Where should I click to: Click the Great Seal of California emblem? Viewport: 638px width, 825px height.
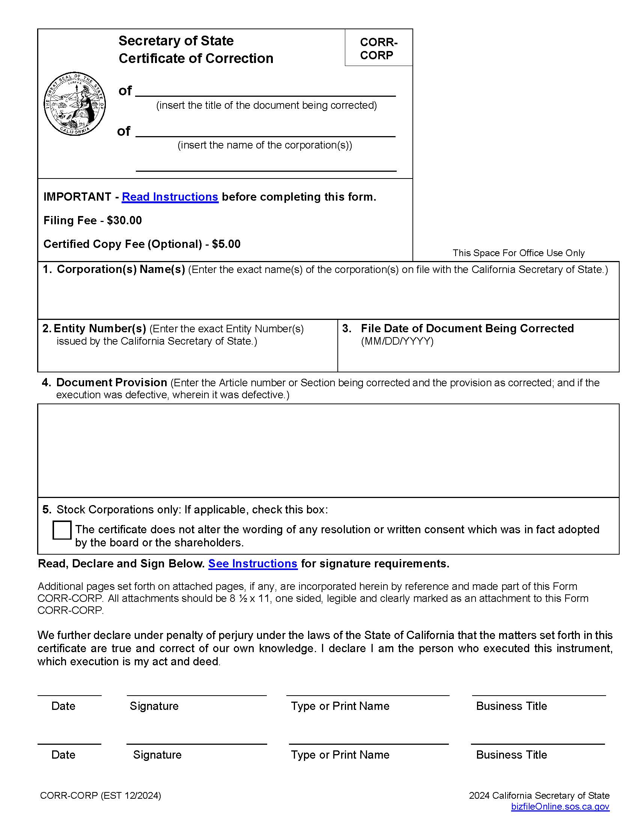74,104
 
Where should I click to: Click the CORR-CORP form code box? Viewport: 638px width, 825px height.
378,48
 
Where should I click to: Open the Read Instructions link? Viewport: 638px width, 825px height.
170,197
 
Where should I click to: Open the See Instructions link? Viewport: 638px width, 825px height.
253,564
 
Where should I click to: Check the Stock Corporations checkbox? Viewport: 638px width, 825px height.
62,530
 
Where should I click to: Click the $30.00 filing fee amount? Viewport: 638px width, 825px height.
124,220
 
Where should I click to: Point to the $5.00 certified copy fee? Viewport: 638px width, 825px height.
226,244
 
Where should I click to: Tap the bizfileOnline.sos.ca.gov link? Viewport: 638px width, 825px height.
560,807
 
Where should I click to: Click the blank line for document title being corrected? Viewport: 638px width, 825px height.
265,91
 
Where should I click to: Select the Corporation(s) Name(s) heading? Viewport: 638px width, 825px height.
120,269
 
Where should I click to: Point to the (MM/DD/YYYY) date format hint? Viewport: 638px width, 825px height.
397,342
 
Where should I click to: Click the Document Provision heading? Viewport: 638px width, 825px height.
111,382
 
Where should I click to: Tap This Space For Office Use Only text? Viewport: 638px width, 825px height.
518,253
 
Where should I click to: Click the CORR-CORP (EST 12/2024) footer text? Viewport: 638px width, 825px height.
101,795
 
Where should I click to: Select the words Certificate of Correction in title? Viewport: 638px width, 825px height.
196,58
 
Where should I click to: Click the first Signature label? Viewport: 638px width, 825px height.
154,706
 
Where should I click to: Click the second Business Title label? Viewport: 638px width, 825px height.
511,755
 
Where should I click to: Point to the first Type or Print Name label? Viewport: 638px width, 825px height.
340,706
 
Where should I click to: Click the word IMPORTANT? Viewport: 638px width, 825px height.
77,197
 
